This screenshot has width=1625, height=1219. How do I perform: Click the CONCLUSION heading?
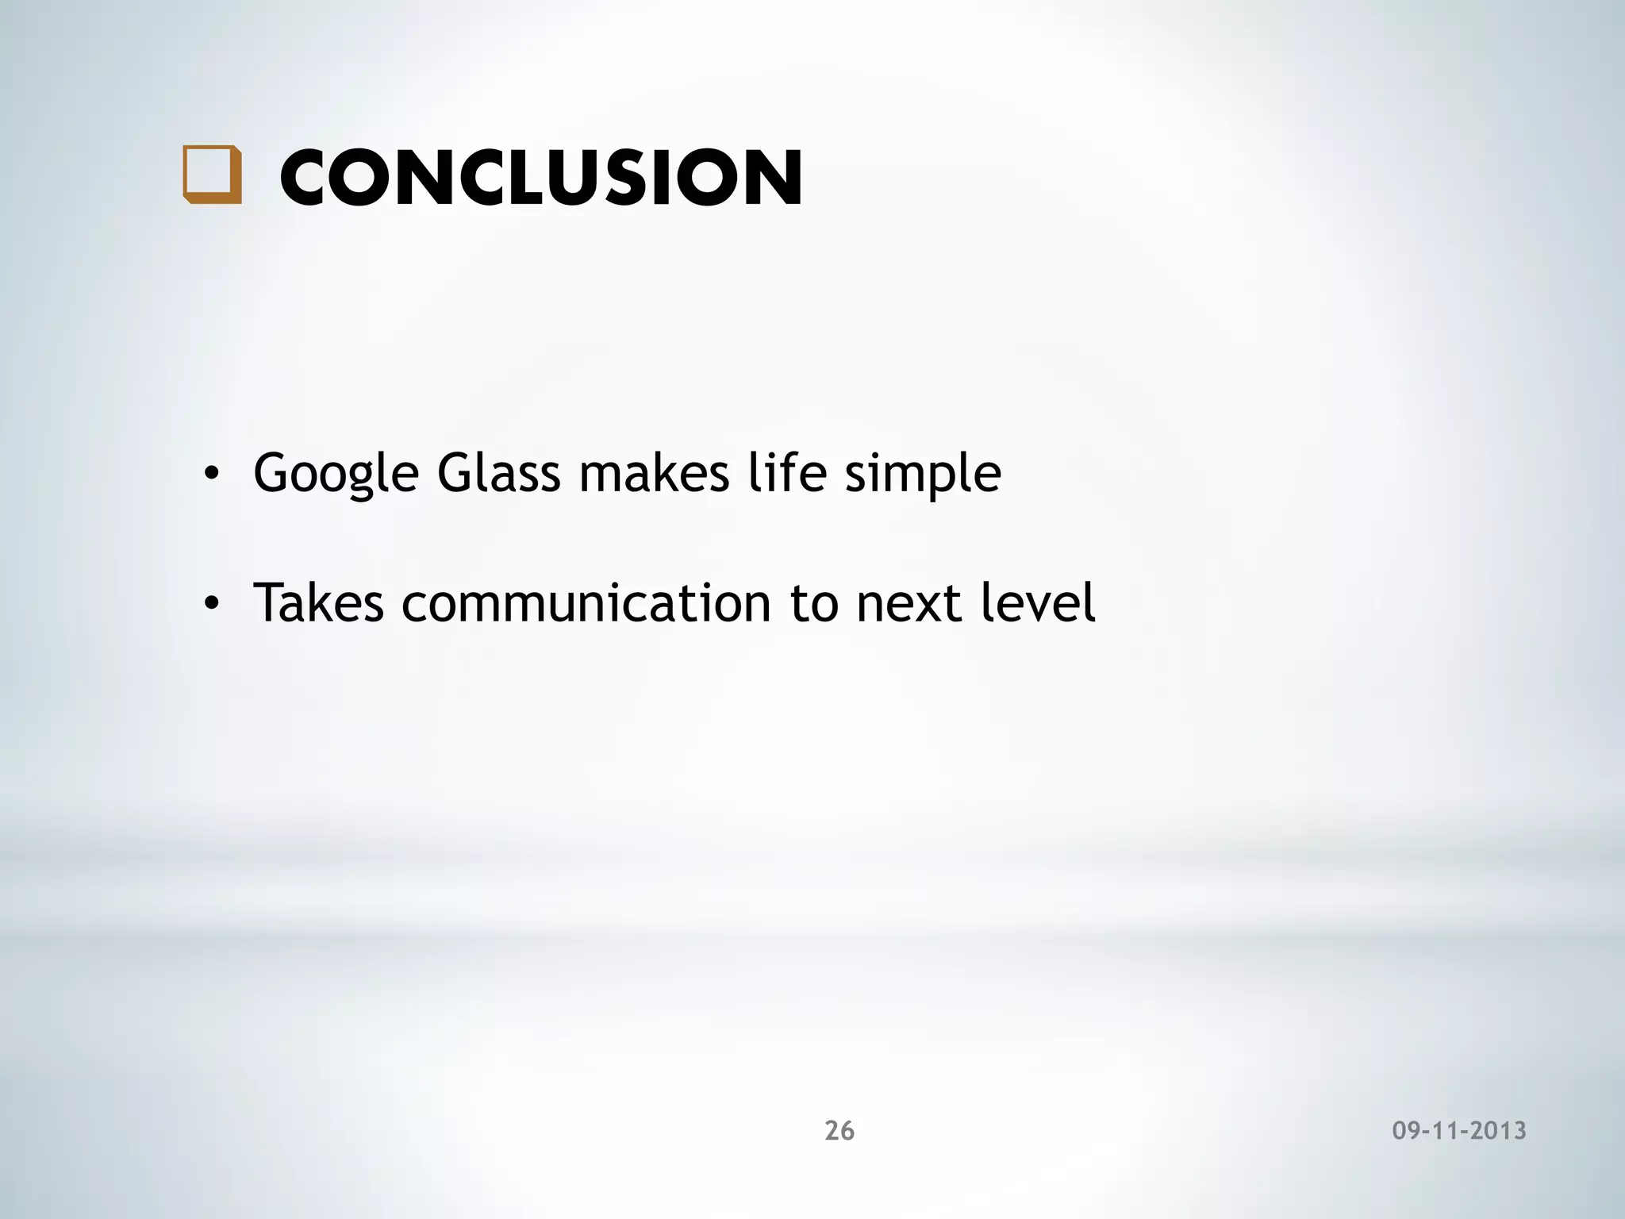coord(540,177)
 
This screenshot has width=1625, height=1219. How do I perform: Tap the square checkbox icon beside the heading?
coord(212,175)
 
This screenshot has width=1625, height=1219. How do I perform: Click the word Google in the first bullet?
coord(336,474)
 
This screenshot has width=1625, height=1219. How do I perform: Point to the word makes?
coord(654,474)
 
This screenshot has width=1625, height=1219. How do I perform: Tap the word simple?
coord(922,474)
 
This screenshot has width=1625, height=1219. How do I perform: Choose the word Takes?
coord(318,603)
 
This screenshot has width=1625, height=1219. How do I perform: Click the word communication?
coord(586,603)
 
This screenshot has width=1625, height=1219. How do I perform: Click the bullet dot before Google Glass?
coord(210,475)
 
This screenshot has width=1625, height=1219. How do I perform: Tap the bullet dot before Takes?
coord(210,606)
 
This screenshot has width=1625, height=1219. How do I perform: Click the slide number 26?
coord(839,1130)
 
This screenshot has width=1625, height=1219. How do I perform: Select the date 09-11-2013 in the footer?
coord(1459,1130)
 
